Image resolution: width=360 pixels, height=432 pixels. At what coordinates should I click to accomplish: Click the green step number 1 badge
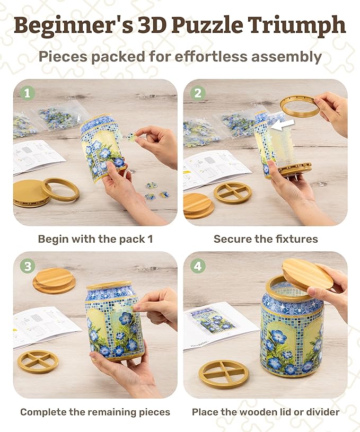tap(28, 93)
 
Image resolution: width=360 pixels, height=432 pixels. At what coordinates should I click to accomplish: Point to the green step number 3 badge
tap(28, 266)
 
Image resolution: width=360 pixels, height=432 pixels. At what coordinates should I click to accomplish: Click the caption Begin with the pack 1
tap(95, 239)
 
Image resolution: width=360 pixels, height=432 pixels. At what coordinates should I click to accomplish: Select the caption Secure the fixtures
tap(266, 239)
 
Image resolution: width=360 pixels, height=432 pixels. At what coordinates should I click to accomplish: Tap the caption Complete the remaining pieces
tap(95, 412)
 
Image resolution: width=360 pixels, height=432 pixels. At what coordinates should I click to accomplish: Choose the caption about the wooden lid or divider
tap(266, 412)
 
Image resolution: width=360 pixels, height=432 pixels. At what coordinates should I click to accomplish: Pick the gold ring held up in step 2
tap(300, 106)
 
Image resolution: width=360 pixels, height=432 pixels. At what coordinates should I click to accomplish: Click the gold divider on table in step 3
tap(38, 361)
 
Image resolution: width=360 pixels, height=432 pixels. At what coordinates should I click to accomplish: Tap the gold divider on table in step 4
tap(223, 373)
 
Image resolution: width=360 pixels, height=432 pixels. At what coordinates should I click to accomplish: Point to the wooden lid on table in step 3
tap(54, 280)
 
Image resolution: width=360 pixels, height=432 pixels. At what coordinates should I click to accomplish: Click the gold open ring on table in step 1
tap(60, 189)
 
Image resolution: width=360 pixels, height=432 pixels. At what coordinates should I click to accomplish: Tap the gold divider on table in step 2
tap(233, 193)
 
